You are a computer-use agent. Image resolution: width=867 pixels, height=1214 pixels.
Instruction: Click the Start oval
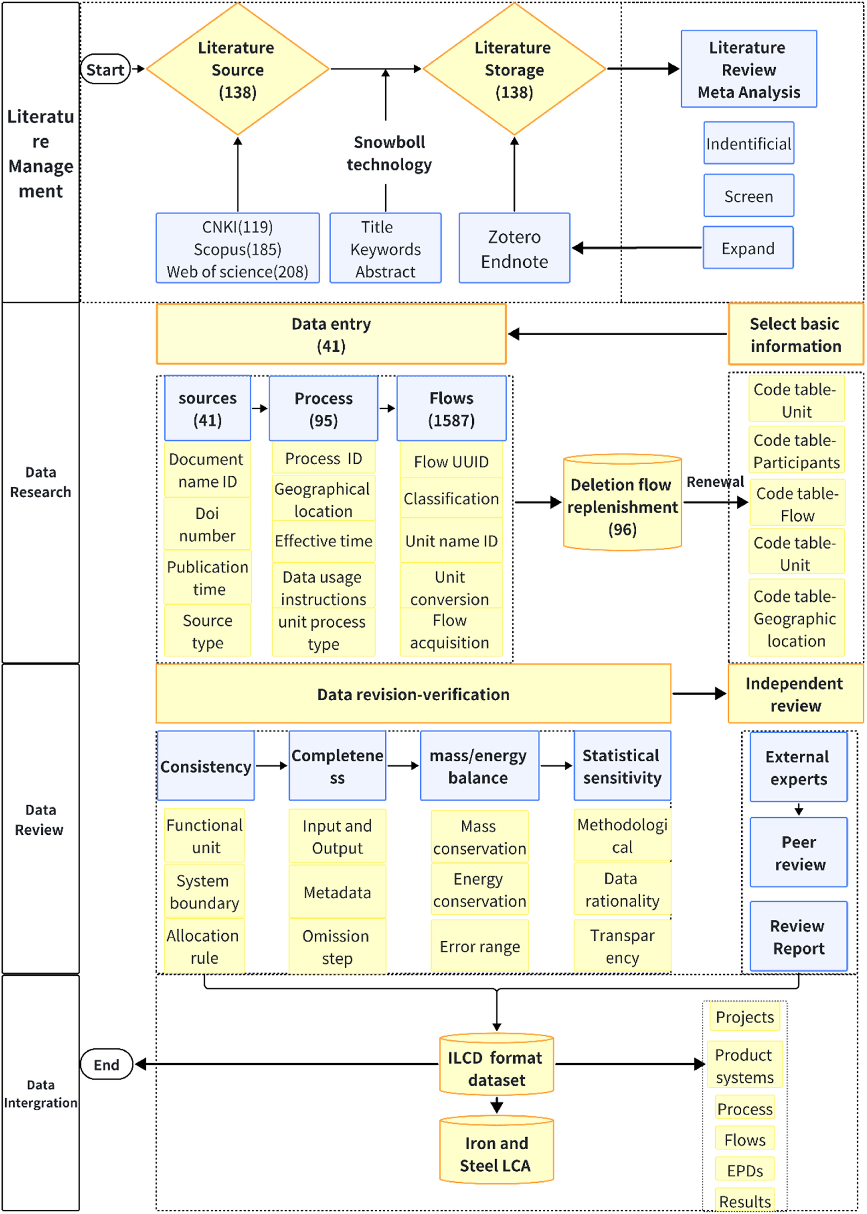(x=105, y=69)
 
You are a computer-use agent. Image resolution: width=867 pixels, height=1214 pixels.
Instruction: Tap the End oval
(x=106, y=1064)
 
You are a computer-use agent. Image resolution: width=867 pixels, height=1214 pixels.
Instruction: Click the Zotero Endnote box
(x=514, y=248)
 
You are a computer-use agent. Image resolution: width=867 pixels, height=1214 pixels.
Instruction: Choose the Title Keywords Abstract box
(x=386, y=248)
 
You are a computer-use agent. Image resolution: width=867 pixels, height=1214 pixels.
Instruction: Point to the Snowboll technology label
(x=389, y=153)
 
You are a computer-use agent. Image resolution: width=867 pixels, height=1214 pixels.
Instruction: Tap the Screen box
(x=748, y=196)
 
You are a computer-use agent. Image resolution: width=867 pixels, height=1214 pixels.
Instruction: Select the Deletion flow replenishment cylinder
(x=623, y=503)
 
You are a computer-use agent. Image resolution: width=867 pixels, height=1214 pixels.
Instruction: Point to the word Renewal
(x=715, y=482)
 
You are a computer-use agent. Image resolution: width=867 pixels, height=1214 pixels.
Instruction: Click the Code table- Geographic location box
(x=796, y=618)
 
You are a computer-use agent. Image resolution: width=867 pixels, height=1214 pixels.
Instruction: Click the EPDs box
(x=745, y=1171)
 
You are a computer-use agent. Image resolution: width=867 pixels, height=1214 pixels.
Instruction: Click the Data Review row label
(x=40, y=820)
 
